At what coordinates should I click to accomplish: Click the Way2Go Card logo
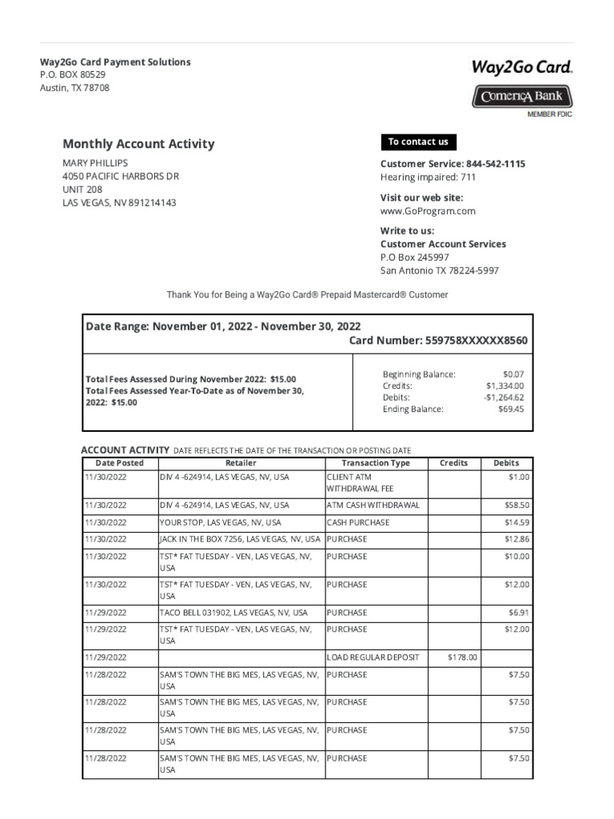(x=521, y=68)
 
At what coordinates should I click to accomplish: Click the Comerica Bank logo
(x=521, y=97)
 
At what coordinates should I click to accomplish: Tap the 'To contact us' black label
(x=418, y=142)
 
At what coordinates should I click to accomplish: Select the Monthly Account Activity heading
(x=138, y=144)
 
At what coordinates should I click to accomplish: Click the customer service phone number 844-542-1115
(x=491, y=164)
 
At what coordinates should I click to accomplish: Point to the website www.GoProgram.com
(x=427, y=211)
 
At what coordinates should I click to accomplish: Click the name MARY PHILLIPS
(x=95, y=162)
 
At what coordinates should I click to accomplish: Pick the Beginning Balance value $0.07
(x=513, y=374)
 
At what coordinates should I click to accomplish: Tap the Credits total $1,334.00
(x=504, y=386)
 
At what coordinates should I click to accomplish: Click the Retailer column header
(x=241, y=463)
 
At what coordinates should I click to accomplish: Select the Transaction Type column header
(x=376, y=463)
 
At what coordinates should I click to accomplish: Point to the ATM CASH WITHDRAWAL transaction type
(x=373, y=505)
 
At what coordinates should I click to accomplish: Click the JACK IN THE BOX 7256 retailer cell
(x=240, y=539)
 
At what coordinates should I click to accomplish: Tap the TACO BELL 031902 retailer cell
(x=233, y=613)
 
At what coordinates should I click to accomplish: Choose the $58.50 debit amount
(x=517, y=505)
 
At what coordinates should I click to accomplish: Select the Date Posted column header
(x=120, y=463)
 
